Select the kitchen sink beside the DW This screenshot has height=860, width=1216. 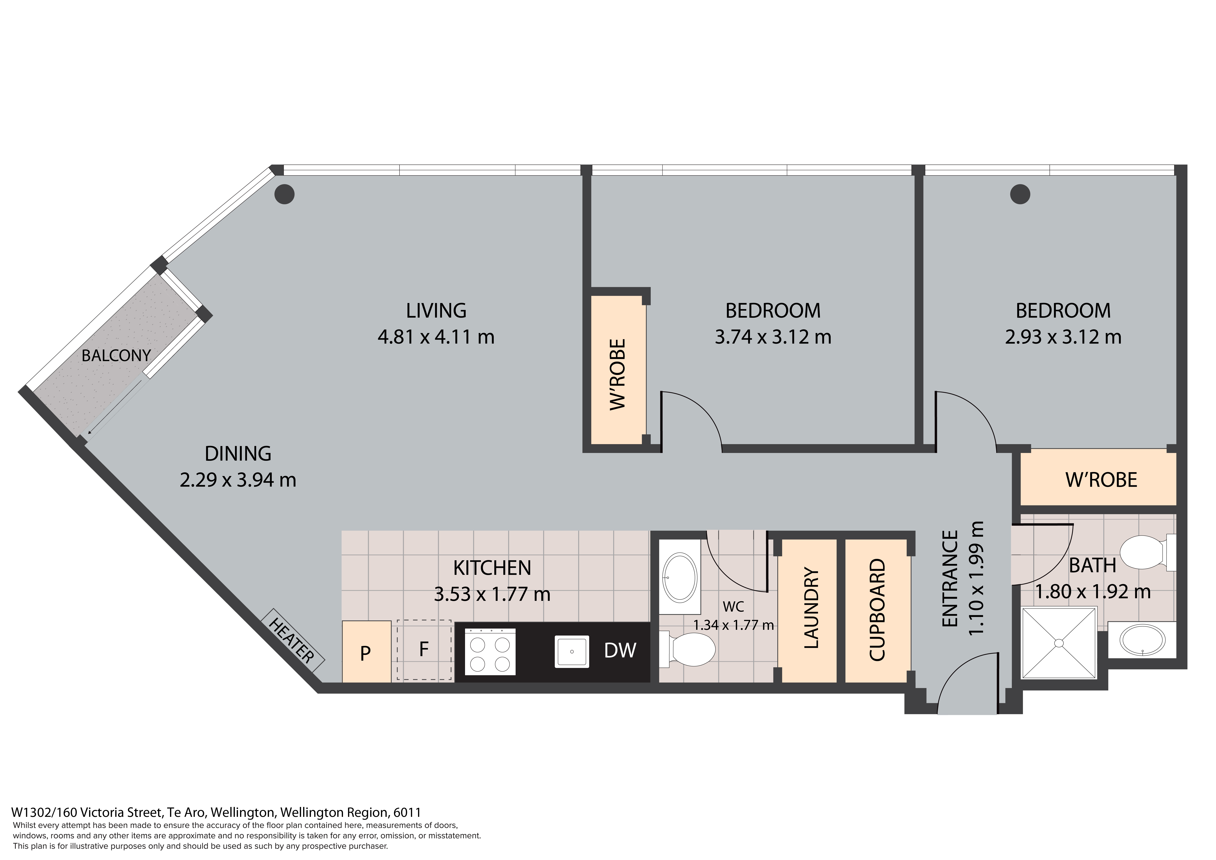(572, 651)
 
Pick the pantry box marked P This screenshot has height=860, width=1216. (367, 651)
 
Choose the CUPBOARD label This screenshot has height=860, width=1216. (878, 609)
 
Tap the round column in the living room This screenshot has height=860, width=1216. (284, 194)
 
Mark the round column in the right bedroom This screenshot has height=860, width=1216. (1020, 194)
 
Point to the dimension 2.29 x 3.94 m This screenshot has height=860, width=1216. (238, 479)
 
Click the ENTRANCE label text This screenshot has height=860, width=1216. (951, 579)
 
